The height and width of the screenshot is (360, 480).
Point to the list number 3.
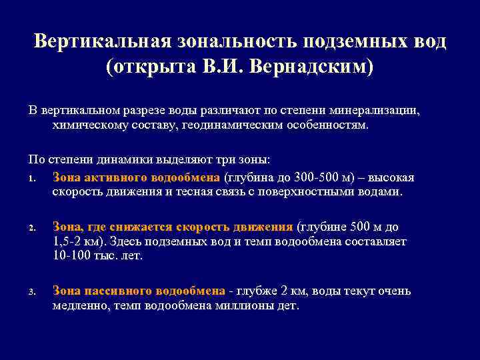pos(32,291)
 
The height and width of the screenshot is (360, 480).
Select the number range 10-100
pos(75,256)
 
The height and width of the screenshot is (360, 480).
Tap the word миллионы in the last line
pos(241,306)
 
